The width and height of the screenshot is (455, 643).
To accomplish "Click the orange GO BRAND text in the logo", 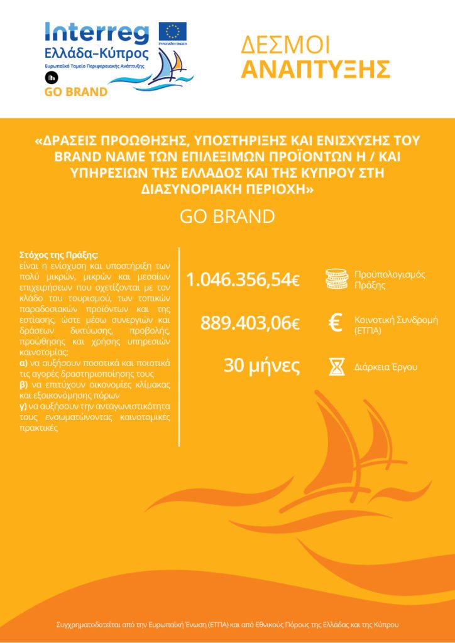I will [75, 92].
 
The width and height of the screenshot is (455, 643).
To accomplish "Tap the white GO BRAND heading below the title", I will [227, 217].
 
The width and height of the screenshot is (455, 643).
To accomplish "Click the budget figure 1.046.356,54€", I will [243, 280].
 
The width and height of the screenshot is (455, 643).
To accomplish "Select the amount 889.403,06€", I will [250, 323].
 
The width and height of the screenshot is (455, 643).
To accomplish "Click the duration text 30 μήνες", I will [261, 366].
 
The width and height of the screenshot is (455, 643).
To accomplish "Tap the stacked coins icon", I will [336, 279].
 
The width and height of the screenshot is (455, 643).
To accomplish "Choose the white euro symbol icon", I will [336, 323].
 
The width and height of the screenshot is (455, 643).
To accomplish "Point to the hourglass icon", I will [336, 367].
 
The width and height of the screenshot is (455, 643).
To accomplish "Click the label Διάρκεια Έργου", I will [385, 367].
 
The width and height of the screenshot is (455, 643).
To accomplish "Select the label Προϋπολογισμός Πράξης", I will [390, 279].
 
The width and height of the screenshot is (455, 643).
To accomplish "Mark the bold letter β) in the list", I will [24, 384].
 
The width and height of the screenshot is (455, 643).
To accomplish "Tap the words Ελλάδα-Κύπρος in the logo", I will [97, 53].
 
